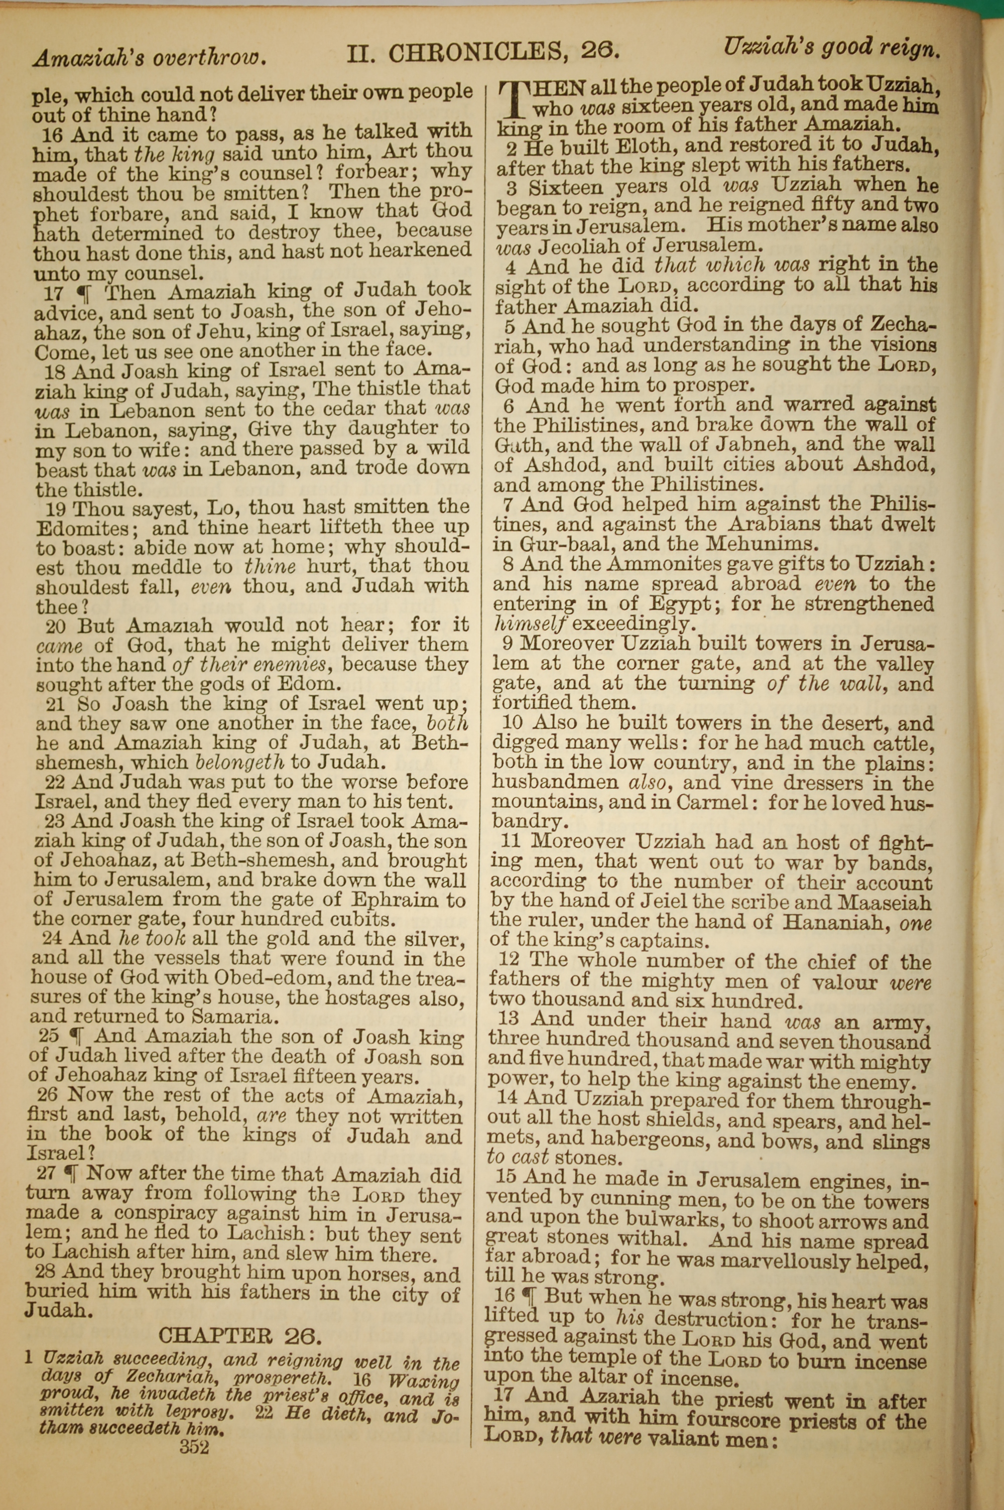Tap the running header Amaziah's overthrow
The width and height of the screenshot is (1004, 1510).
[x=149, y=58]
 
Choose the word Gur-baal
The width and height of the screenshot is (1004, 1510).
[x=555, y=545]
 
